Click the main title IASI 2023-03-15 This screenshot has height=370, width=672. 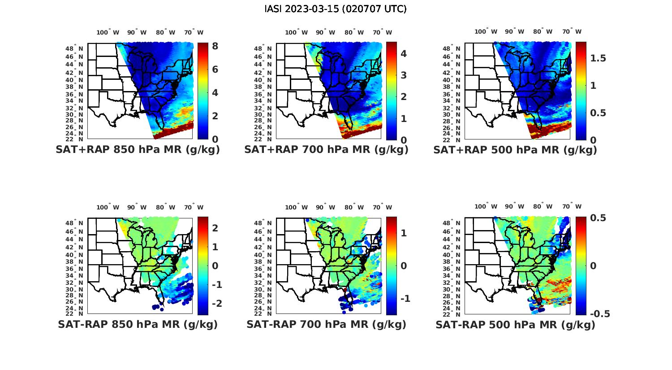point(336,9)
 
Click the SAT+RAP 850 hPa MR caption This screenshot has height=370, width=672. point(138,150)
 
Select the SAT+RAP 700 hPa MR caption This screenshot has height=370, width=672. point(326,150)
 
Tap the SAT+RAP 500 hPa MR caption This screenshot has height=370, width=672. point(515,150)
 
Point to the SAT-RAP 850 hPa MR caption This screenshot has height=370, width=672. point(138,324)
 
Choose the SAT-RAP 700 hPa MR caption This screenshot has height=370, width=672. point(326,324)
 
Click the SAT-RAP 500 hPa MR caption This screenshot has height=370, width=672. point(515,325)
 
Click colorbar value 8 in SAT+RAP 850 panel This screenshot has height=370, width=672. point(215,46)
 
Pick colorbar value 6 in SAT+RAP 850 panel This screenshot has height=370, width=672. point(215,70)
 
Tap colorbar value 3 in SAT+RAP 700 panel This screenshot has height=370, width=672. point(404,75)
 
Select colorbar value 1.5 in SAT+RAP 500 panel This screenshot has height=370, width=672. point(598,58)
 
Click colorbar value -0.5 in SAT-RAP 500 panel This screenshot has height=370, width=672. point(600,314)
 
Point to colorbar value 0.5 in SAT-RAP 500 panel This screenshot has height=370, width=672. point(598,218)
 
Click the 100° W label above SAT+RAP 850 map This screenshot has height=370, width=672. point(108,32)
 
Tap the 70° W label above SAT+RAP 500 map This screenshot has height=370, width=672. point(572,31)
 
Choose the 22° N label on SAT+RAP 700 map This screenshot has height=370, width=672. point(263,139)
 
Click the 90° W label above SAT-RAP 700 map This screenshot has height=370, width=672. point(325,207)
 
